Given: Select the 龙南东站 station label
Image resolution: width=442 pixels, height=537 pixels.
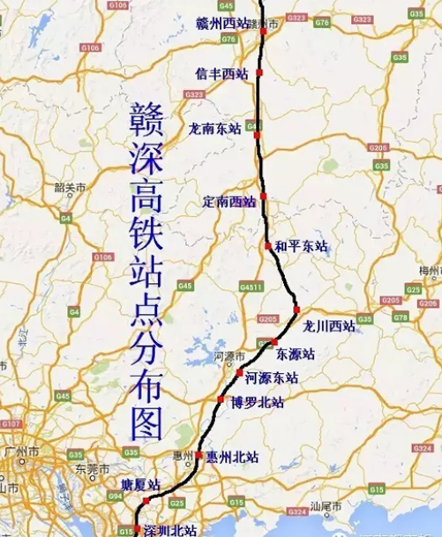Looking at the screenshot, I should (214, 129).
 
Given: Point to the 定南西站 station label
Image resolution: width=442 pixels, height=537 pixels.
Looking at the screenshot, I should (228, 200).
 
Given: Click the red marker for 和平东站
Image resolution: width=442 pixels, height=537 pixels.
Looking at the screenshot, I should (268, 246).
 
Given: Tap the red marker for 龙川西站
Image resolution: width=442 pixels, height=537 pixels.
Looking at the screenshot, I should (297, 310).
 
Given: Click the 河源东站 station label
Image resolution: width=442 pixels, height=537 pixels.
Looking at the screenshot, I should (272, 377).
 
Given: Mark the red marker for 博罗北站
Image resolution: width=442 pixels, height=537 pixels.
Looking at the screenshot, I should (221, 400).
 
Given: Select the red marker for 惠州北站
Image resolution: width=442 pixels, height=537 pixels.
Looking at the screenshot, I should (199, 456).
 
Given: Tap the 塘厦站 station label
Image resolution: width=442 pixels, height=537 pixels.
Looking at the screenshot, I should (140, 486).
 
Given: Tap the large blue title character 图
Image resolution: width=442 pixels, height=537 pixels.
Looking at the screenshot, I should (143, 424).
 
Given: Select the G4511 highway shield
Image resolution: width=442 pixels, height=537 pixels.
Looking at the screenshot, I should (251, 287).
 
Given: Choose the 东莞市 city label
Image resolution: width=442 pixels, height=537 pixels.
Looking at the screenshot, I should (90, 468).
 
